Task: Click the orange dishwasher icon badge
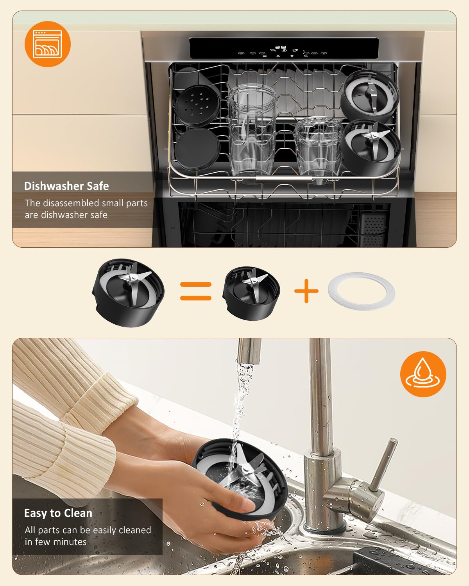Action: pos(48,44)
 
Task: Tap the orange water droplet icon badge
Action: pos(423,374)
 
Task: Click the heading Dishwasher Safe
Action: pos(66,186)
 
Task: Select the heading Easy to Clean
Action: pos(58,513)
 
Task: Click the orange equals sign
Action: pos(196,291)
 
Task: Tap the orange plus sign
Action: pos(306,291)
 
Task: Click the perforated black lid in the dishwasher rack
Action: pos(197,105)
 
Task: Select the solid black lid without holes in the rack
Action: pos(197,149)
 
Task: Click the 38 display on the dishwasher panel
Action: pos(280,47)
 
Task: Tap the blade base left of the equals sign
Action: pos(128,293)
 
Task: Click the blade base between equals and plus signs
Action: pos(251,293)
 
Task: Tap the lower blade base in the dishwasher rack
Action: pos(370,147)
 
